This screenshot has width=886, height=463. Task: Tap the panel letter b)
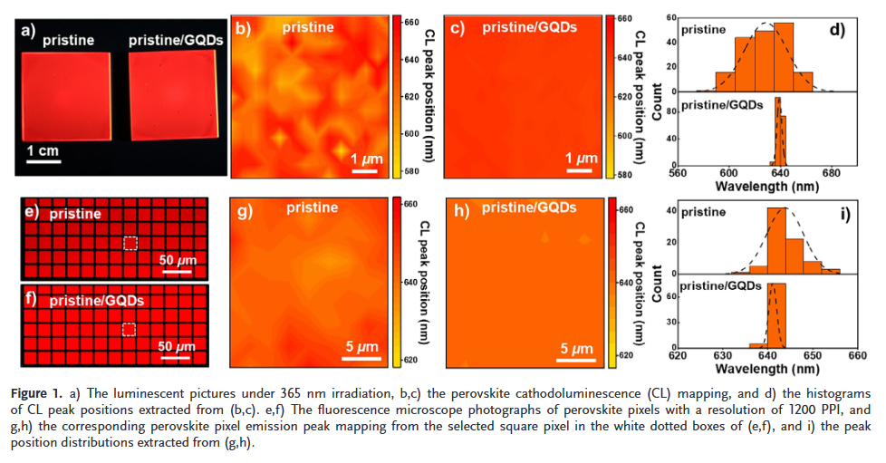coord(244,29)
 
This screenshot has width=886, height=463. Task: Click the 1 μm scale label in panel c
coord(581,159)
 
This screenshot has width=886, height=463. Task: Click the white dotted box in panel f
coord(130,329)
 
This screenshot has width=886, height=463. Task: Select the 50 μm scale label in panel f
coord(177,345)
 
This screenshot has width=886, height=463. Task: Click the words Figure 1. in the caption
coord(36,393)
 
